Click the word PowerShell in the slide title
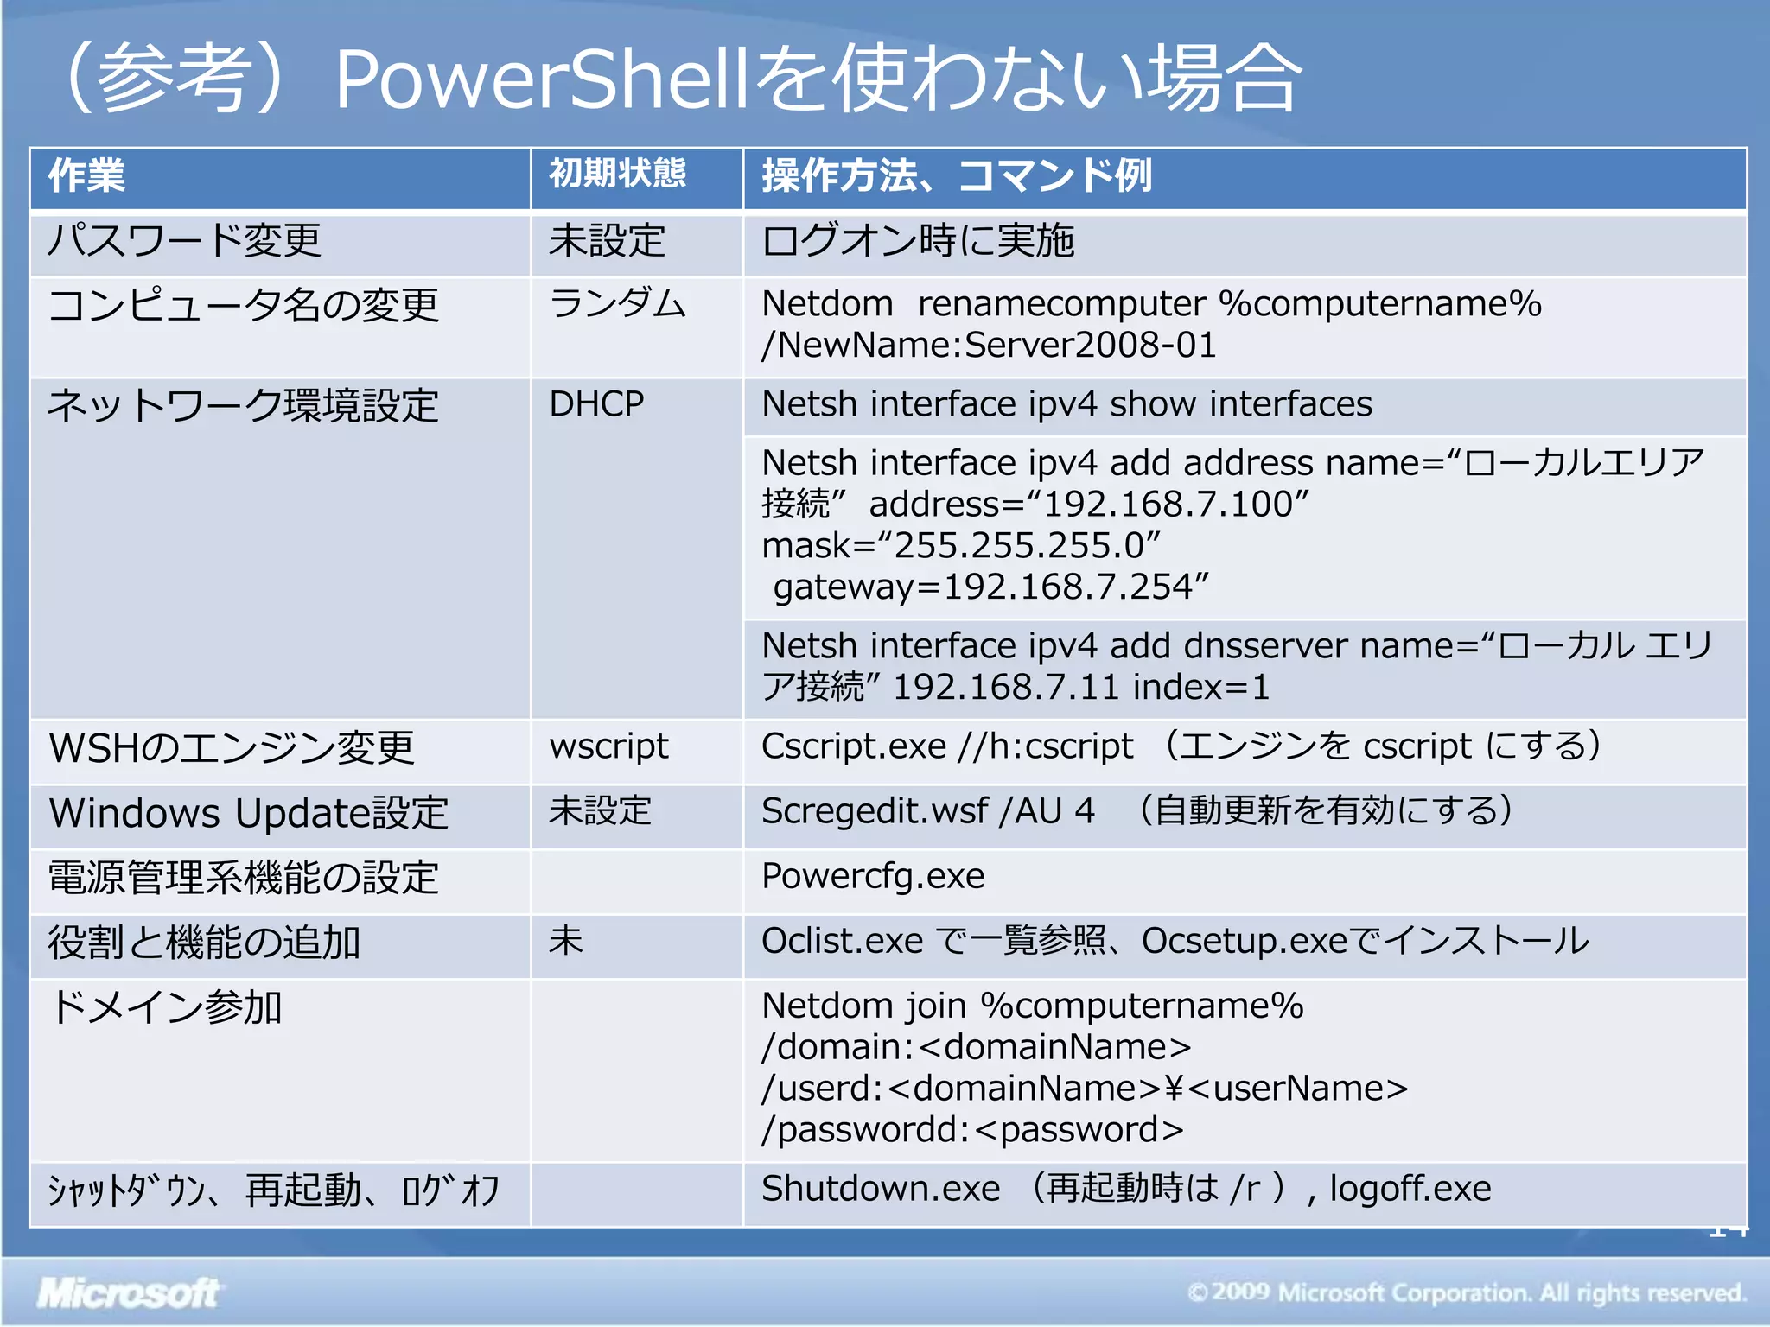(x=539, y=79)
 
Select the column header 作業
(x=86, y=175)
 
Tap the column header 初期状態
(x=617, y=174)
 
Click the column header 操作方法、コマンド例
(x=956, y=175)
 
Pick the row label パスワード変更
(x=184, y=240)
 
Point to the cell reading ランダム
(x=617, y=304)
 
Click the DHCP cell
(x=596, y=403)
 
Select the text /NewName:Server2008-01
(x=988, y=346)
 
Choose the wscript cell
(x=608, y=746)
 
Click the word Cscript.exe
(x=853, y=746)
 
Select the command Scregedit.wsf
(x=874, y=811)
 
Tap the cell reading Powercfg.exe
(x=873, y=876)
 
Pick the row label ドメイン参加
(x=165, y=1007)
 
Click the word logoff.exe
(x=1410, y=1189)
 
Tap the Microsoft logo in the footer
(x=128, y=1293)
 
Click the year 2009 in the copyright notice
(x=1241, y=1292)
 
